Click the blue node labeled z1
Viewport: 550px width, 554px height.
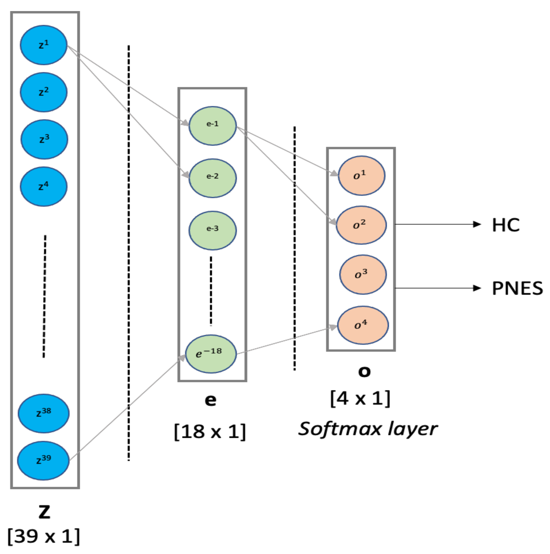[x=44, y=45]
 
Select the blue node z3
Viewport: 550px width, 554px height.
[x=44, y=139]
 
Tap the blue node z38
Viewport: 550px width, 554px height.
[x=44, y=414]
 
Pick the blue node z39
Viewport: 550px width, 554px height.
[x=44, y=461]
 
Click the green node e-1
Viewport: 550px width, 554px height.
[x=213, y=126]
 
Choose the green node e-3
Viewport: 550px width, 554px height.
[x=213, y=231]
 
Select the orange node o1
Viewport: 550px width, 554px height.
[x=361, y=176]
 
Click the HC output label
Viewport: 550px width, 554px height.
[x=506, y=225]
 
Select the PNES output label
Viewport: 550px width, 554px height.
[x=517, y=288]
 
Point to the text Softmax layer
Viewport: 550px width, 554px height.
[x=368, y=429]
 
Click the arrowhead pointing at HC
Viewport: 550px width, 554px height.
[x=477, y=224]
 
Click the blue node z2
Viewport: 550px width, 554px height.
[x=44, y=92]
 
